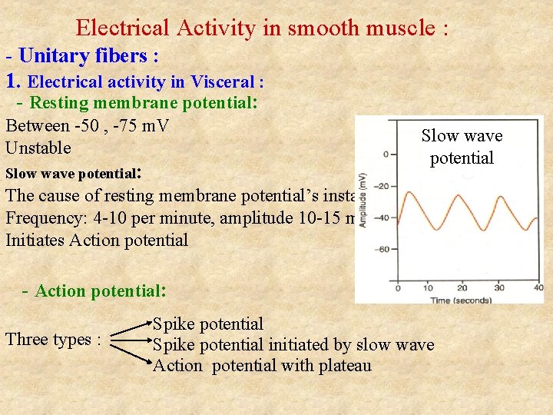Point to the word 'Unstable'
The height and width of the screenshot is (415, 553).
coord(38,148)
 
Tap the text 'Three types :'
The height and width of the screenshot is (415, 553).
coord(54,339)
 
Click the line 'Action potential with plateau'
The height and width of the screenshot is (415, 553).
coord(262,365)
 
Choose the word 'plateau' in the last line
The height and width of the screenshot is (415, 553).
coord(342,365)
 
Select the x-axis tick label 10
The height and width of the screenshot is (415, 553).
coord(428,288)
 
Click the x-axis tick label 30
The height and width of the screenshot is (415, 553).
coord(498,288)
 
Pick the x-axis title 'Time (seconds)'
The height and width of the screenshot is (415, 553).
coord(461,299)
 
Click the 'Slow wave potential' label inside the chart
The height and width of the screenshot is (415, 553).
coord(462,147)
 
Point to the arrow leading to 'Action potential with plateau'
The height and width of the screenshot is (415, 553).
coord(132,355)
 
